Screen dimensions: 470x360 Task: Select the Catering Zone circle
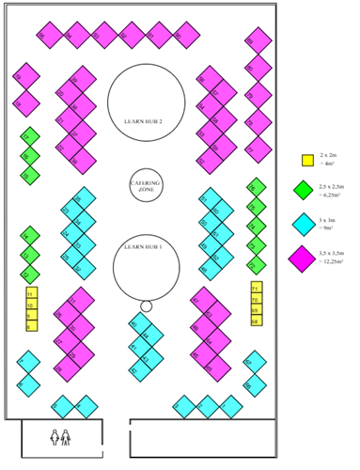(x=145, y=184)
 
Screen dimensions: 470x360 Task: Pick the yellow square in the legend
(x=306, y=160)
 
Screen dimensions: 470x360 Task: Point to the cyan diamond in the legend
(x=303, y=224)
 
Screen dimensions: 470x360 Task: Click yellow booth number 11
(x=31, y=294)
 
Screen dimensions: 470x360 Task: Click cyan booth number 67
(x=254, y=361)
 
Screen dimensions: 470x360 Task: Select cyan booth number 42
(x=140, y=325)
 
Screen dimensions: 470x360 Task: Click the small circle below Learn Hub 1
(x=146, y=305)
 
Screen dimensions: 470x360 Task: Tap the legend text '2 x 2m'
(x=329, y=152)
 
